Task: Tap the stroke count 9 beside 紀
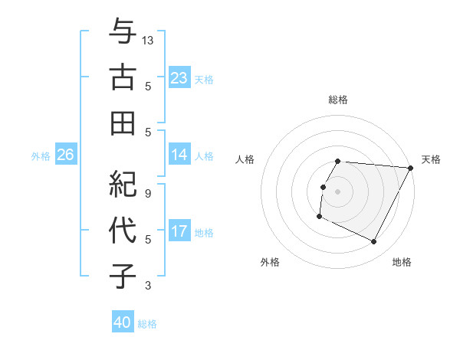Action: tap(149, 194)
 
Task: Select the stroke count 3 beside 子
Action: tap(149, 286)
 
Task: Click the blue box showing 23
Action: tap(179, 77)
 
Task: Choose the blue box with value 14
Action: tap(179, 155)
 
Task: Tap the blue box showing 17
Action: tap(179, 231)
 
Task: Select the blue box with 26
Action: tap(66, 155)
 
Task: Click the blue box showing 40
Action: tap(123, 322)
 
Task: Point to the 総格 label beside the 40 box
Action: tap(148, 324)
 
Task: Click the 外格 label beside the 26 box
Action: tap(41, 156)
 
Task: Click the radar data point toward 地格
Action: tap(373, 242)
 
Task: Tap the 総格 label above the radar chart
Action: tap(337, 100)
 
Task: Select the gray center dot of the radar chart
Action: tap(337, 191)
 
